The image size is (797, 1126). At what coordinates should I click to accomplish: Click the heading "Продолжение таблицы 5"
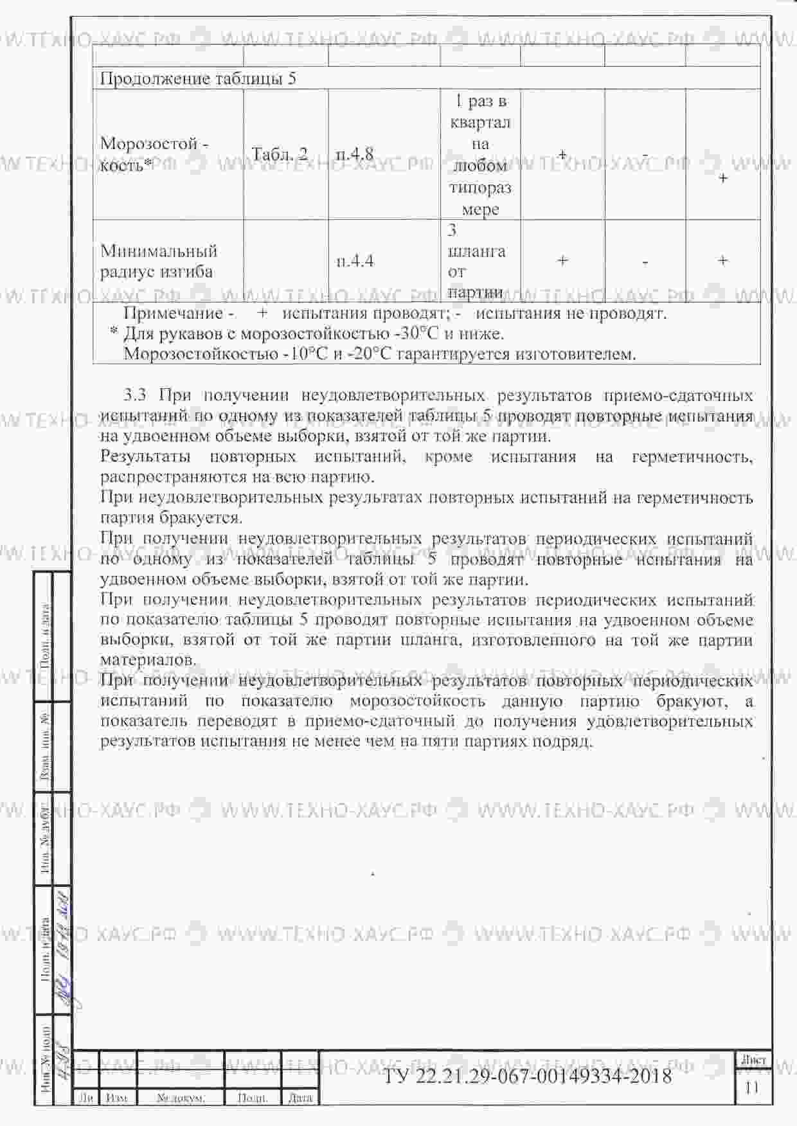click(x=198, y=79)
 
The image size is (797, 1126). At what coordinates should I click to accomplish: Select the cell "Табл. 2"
click(x=280, y=154)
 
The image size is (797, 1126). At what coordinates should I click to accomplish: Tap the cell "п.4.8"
click(x=355, y=154)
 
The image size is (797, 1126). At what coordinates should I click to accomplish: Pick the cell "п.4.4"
click(x=355, y=261)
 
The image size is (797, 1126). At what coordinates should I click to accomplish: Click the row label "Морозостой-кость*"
click(x=154, y=154)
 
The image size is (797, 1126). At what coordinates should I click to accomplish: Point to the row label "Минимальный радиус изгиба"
click(x=159, y=261)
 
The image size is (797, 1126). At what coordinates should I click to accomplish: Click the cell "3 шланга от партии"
click(x=476, y=261)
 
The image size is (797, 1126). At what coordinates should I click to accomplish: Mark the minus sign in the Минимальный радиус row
click(x=645, y=261)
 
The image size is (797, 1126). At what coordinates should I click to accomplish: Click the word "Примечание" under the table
click(x=173, y=314)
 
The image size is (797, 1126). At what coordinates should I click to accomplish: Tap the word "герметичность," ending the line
click(x=692, y=457)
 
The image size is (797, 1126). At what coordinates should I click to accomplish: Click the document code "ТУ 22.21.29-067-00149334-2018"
click(x=527, y=1075)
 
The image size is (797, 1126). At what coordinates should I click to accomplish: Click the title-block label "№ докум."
click(x=181, y=1098)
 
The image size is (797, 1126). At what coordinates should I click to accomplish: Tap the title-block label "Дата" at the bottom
click(x=300, y=1098)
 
